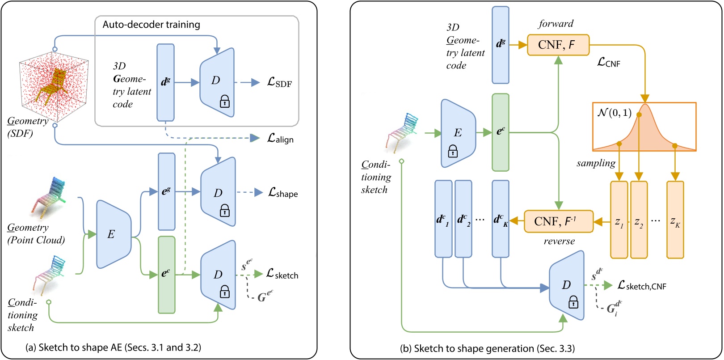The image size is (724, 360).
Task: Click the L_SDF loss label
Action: (279, 83)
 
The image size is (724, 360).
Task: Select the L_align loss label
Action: (280, 139)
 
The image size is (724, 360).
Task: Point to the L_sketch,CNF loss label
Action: (642, 285)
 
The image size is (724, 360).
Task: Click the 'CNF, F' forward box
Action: (558, 45)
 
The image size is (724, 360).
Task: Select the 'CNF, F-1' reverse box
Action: (558, 221)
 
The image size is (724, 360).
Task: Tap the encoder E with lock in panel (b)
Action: (458, 133)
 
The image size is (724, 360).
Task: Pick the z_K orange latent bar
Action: (675, 220)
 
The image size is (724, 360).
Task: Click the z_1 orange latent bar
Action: (619, 220)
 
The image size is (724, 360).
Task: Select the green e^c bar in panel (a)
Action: (166, 274)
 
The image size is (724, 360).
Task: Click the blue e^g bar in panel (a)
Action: (166, 191)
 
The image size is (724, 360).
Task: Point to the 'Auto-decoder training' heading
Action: (152, 25)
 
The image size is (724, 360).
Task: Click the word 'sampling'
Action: (596, 163)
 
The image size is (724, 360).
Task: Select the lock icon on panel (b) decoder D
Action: (573, 304)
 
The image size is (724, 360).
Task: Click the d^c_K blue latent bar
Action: (500, 219)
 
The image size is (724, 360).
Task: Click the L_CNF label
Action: (609, 63)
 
